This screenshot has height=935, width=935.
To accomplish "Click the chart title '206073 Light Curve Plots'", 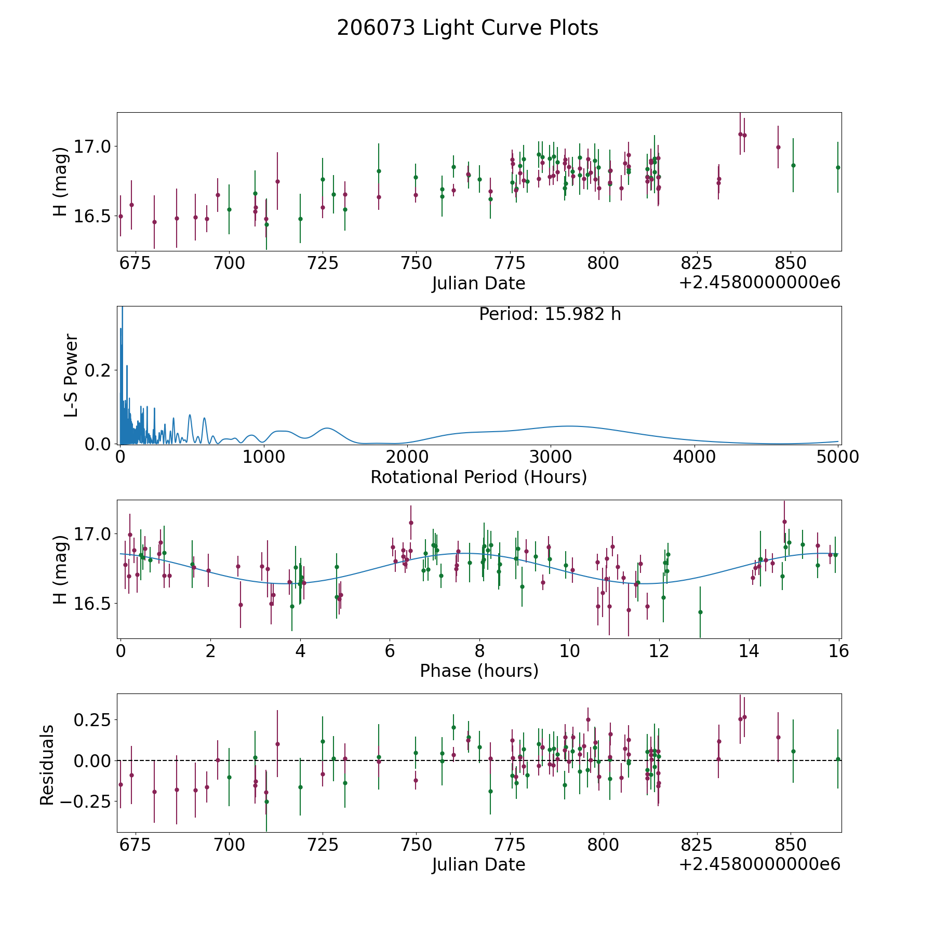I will [468, 28].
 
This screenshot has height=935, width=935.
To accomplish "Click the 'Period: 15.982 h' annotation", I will [550, 314].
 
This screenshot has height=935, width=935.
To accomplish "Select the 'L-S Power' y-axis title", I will [72, 375].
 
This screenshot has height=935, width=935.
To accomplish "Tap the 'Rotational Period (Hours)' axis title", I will [478, 477].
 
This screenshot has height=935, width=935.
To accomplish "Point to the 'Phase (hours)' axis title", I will [479, 671].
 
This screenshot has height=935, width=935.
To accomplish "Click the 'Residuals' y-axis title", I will [47, 765].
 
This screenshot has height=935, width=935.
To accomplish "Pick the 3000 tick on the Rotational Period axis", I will [551, 457].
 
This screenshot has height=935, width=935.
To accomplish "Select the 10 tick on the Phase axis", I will [569, 651].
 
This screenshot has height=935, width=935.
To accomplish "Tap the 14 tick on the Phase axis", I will [749, 651].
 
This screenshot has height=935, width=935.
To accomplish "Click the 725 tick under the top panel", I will [323, 263].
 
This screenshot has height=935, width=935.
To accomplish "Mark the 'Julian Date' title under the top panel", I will [478, 284].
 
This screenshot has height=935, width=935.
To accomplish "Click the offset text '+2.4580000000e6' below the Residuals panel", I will [759, 864].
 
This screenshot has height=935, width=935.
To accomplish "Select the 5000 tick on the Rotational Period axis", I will [838, 457].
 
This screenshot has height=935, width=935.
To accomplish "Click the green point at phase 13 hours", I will [700, 612].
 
